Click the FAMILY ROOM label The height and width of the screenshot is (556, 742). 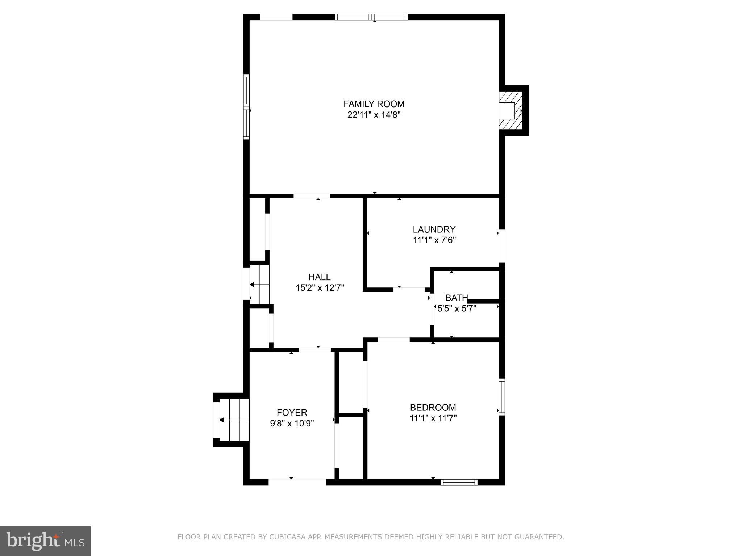pyautogui.click(x=374, y=104)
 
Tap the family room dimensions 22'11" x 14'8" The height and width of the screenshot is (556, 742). pyautogui.click(x=374, y=115)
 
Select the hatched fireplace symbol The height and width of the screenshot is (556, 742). pyautogui.click(x=511, y=110)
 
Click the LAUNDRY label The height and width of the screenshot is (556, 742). pyautogui.click(x=434, y=229)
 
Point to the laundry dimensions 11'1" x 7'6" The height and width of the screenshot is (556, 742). pyautogui.click(x=434, y=240)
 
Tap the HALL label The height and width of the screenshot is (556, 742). pyautogui.click(x=319, y=277)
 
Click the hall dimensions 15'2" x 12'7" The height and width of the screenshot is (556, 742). pyautogui.click(x=320, y=288)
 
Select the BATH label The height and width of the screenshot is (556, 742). pyautogui.click(x=456, y=298)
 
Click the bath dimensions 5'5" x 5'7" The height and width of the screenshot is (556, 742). pyautogui.click(x=457, y=309)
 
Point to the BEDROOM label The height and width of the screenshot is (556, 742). pyautogui.click(x=433, y=408)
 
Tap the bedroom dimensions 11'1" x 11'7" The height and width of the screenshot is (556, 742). pyautogui.click(x=433, y=418)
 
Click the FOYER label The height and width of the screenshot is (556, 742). pyautogui.click(x=292, y=413)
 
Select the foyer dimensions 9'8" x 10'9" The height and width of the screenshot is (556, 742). pyautogui.click(x=292, y=424)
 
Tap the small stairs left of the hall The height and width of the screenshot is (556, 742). pyautogui.click(x=259, y=285)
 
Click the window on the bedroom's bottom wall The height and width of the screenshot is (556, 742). pyautogui.click(x=459, y=482)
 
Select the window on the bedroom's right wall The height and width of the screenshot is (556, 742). pyautogui.click(x=501, y=397)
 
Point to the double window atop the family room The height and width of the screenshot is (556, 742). pyautogui.click(x=371, y=17)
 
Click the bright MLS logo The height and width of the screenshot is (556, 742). pyautogui.click(x=45, y=542)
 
